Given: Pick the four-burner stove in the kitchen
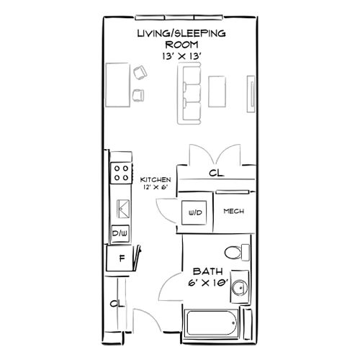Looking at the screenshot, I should click(120, 172).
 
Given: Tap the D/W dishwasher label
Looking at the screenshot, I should click(120, 233).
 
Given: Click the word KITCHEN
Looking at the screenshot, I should click(155, 179).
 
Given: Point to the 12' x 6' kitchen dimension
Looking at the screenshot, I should click(155, 187).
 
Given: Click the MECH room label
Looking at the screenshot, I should click(232, 212).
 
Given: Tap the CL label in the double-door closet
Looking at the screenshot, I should click(215, 174).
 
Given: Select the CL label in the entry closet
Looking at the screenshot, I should click(114, 303).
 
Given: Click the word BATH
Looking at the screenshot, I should click(206, 272).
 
